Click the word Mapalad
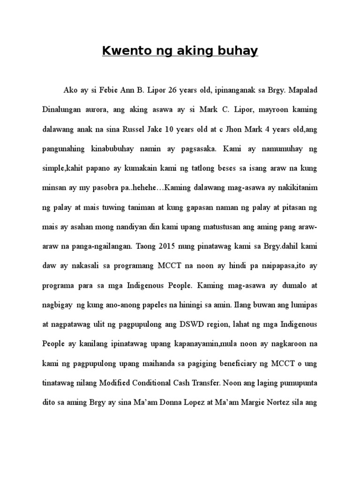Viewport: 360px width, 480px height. point(303,90)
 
